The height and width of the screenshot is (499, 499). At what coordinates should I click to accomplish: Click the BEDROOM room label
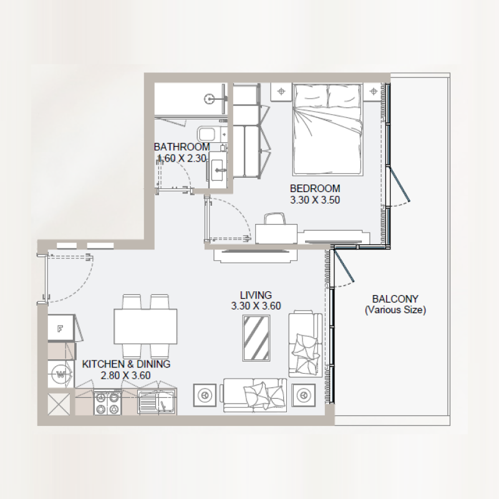click(315, 188)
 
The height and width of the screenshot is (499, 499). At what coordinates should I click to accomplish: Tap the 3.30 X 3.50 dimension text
click(315, 200)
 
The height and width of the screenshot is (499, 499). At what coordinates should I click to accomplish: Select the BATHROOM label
click(182, 147)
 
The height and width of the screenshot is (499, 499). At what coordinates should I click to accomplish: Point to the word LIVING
click(256, 294)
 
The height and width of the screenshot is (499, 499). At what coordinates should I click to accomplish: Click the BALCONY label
click(395, 298)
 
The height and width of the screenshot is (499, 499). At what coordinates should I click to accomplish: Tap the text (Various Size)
click(395, 309)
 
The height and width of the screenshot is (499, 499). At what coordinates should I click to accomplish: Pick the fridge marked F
click(61, 329)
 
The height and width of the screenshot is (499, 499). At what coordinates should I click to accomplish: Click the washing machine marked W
click(61, 374)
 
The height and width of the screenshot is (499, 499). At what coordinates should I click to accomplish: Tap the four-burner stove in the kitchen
click(107, 402)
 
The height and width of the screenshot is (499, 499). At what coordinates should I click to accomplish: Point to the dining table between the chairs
click(145, 324)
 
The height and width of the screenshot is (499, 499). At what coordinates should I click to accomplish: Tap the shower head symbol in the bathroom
click(211, 97)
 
